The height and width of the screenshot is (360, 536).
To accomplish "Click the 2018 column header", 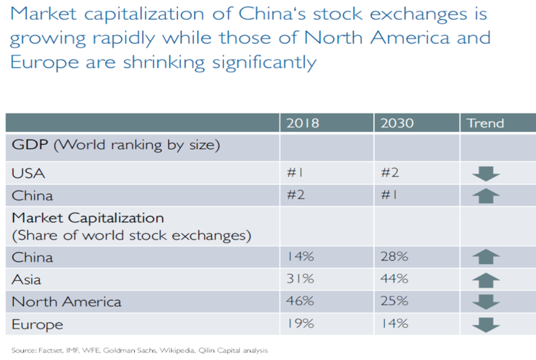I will click(302, 124).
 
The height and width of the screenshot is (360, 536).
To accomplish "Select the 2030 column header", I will click(397, 124).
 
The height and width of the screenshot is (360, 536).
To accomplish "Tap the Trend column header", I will click(485, 124).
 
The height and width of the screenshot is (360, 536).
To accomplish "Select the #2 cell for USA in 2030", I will click(390, 173).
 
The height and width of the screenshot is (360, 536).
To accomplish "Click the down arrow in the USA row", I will click(486, 174).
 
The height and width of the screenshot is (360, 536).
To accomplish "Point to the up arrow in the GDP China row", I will click(486, 196).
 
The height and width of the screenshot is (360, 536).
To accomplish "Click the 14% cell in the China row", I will click(300, 257).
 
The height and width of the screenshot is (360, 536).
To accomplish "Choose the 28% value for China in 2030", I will click(394, 257).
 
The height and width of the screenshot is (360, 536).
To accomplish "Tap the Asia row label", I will click(27, 279).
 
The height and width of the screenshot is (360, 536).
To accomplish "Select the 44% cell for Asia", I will click(394, 279).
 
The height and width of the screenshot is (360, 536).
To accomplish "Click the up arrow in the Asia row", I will click(486, 280).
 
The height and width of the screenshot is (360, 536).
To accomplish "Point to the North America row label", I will click(66, 301).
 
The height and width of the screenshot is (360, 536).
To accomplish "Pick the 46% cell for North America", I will click(300, 301).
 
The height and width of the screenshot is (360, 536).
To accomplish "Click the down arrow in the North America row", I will click(486, 302).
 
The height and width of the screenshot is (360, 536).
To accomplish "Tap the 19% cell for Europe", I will click(300, 324).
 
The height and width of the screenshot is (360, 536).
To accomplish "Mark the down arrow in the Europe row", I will click(486, 324).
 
